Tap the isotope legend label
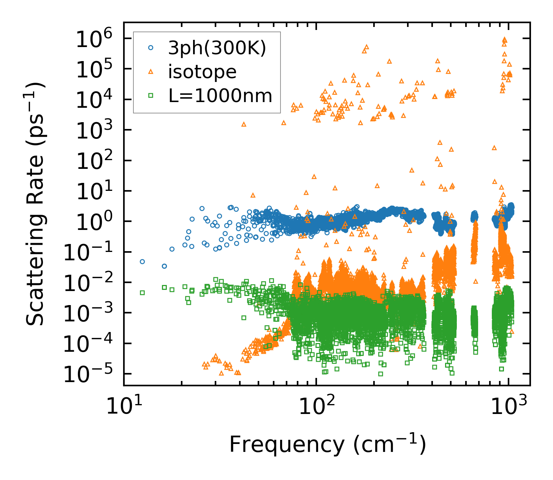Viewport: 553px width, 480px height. [202, 72]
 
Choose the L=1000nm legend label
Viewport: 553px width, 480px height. [220, 96]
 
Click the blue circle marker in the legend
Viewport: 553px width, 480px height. [151, 48]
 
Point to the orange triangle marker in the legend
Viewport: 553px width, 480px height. [151, 71]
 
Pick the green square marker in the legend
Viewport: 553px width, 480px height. [151, 96]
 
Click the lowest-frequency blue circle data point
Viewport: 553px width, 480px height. [142, 261]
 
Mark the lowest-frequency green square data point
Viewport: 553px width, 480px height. [142, 293]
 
